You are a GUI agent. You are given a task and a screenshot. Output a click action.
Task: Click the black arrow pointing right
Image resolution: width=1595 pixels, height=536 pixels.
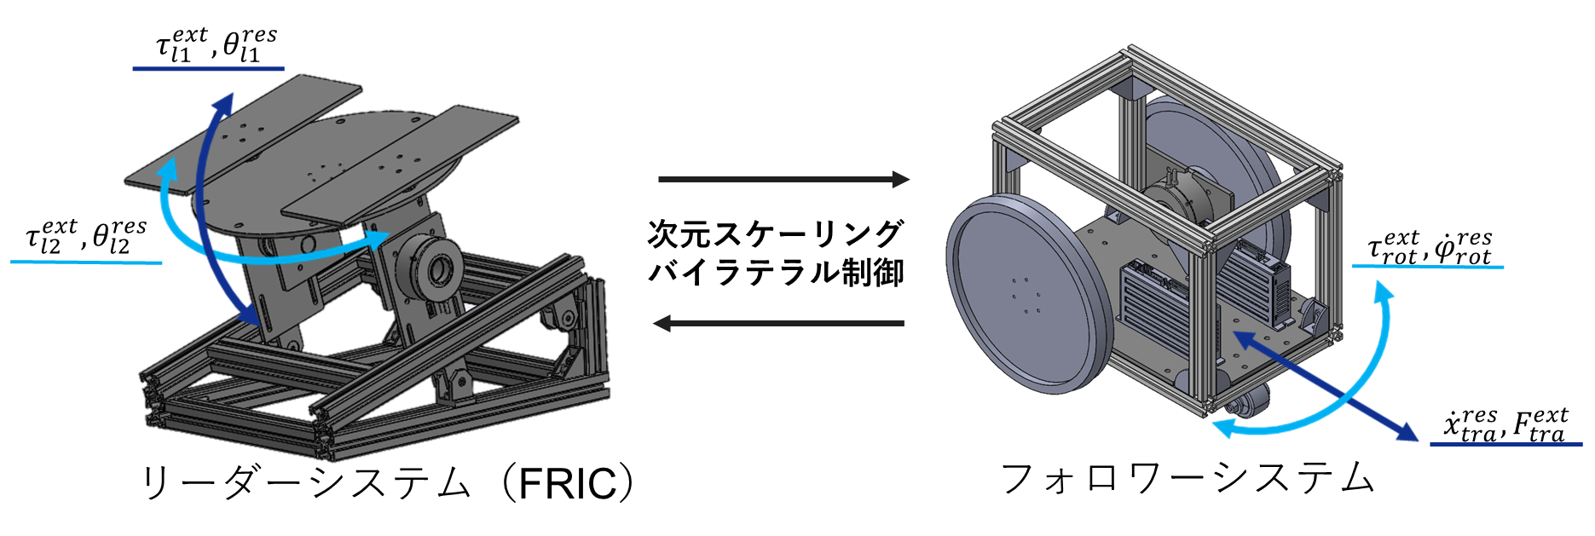[x=784, y=180]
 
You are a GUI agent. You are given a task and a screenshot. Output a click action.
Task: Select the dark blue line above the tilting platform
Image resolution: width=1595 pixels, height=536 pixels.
[x=208, y=69]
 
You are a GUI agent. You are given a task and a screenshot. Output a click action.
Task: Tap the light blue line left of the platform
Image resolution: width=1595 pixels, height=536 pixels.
[x=86, y=262]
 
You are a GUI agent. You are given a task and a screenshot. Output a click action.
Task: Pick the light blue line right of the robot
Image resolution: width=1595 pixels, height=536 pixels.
[x=1428, y=267]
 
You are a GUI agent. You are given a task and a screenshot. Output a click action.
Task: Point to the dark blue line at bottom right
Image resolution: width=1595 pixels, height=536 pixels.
[x=1505, y=444]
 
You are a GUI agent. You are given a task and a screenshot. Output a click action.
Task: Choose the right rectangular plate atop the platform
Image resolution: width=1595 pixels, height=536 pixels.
[x=401, y=162]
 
